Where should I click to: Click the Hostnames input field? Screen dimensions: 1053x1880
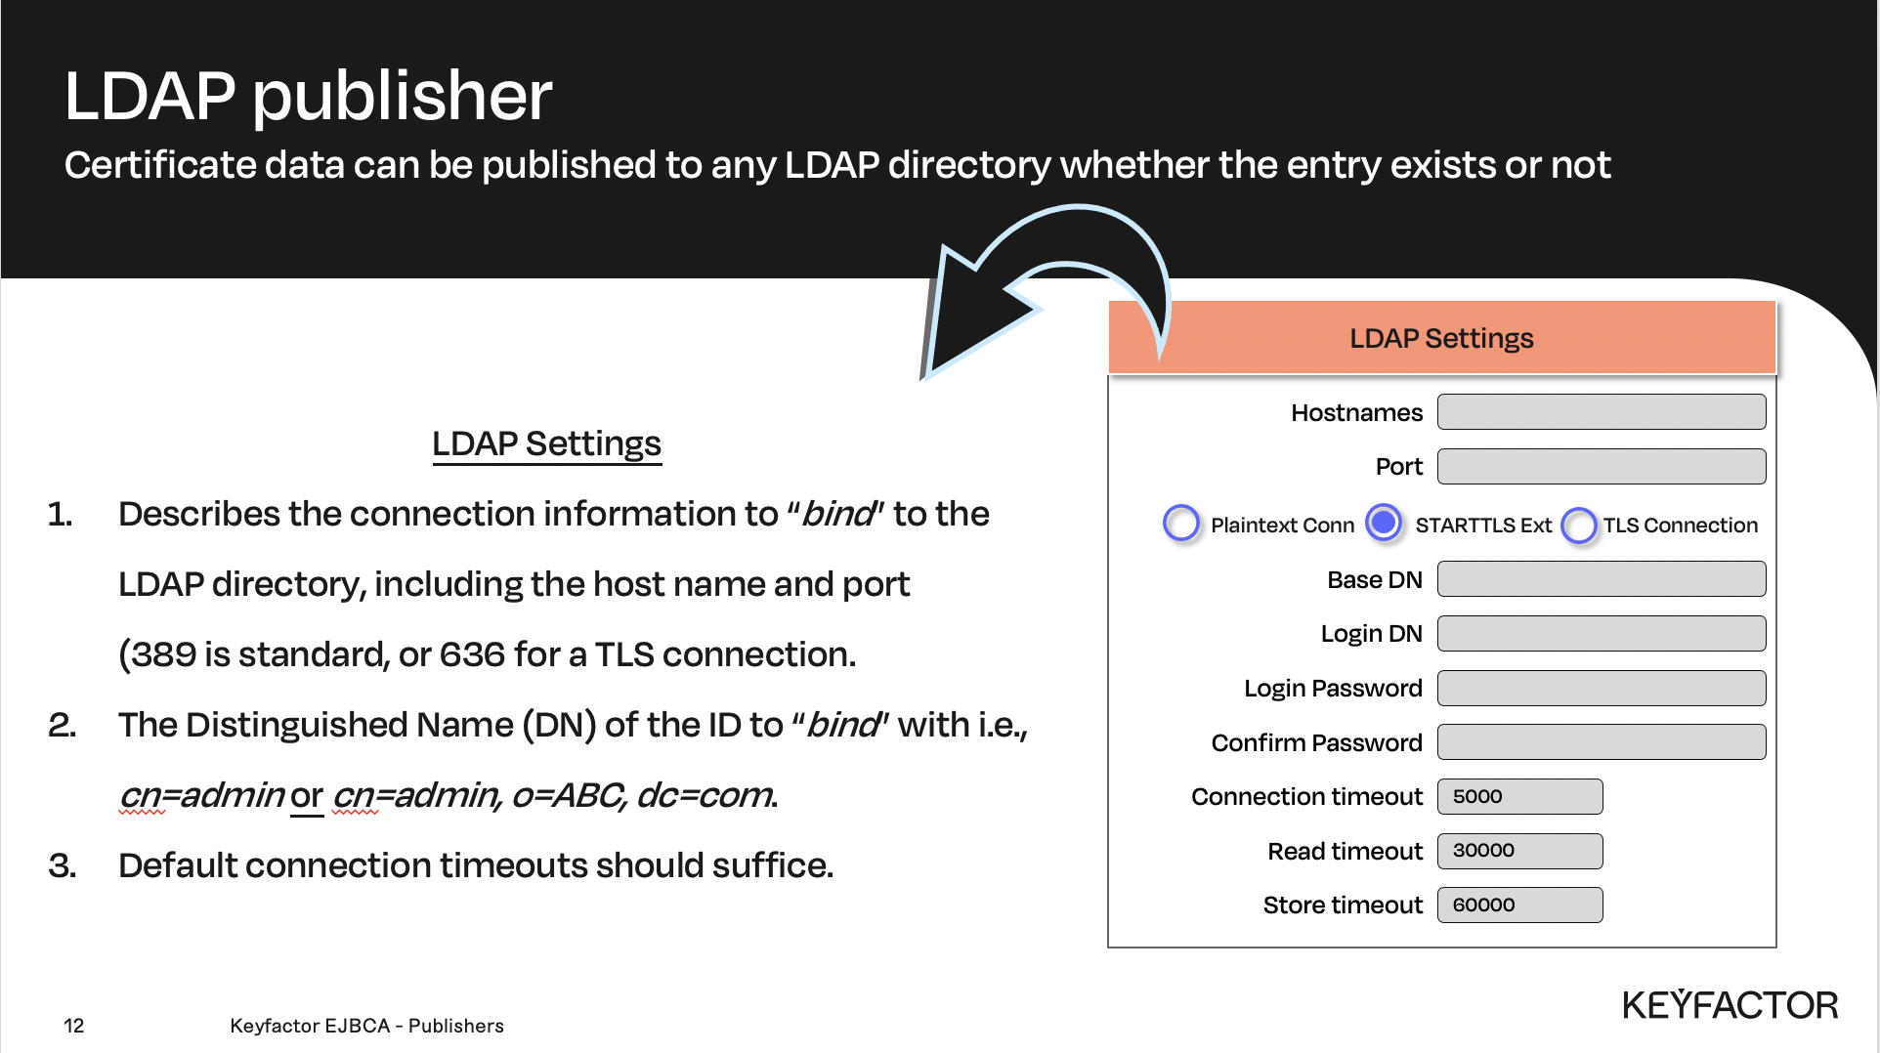1601,412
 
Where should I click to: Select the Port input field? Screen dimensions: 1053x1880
1601,467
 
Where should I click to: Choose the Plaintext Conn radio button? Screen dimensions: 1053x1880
1180,524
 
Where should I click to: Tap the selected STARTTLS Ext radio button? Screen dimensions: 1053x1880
1383,523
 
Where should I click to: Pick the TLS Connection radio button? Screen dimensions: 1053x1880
1578,526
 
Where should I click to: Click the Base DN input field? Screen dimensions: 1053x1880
1601,579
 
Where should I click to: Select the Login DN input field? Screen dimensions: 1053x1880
1601,634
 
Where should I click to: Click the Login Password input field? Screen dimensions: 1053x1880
1601,688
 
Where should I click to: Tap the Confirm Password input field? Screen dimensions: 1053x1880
1601,742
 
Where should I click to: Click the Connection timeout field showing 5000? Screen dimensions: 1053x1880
1519,796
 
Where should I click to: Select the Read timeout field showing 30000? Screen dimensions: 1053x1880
1519,851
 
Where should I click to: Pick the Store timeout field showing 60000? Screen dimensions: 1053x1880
1519,906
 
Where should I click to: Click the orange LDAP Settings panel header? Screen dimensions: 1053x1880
1441,338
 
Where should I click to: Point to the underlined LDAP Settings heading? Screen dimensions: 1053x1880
546,443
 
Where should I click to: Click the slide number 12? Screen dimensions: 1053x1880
74,1026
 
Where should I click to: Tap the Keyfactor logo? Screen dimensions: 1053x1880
1730,1005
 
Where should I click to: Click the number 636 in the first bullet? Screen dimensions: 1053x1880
472,654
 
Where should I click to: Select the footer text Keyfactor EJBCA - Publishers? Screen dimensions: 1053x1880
366,1026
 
